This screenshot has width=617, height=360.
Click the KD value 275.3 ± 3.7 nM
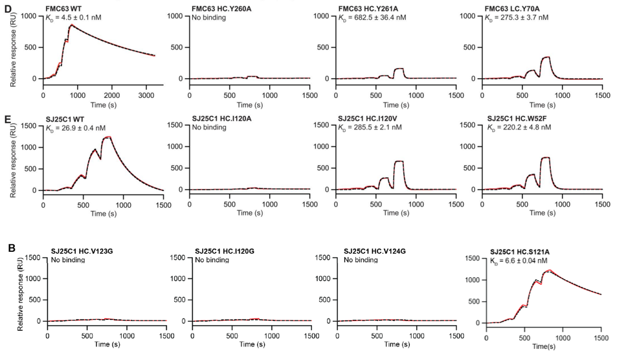click(524, 17)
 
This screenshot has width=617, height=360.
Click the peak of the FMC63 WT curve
click(71, 25)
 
